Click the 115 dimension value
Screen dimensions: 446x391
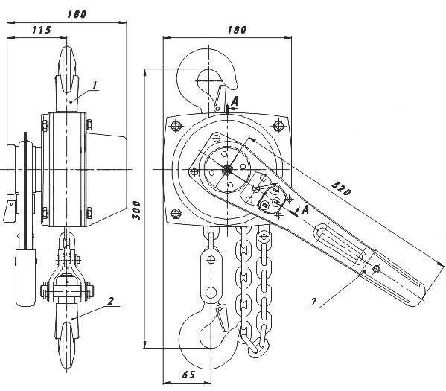tap(41, 30)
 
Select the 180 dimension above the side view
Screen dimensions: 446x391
tap(76, 14)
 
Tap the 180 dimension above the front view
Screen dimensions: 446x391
tap(237, 30)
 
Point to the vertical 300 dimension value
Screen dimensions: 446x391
tap(136, 210)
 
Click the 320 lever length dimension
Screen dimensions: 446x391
tap(341, 188)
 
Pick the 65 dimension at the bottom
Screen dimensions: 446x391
tap(188, 375)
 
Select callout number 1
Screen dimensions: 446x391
tap(95, 84)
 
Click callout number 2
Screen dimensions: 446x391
tap(110, 301)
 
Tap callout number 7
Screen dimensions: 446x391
tap(313, 302)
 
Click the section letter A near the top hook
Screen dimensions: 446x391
tap(235, 101)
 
